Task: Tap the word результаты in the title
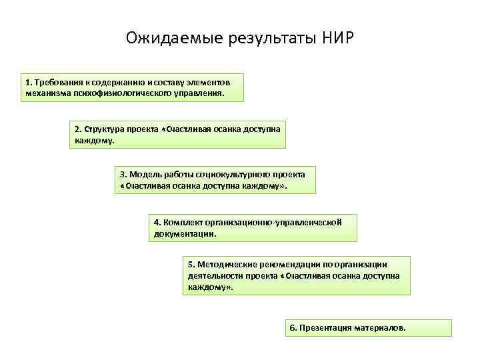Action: pos(261,37)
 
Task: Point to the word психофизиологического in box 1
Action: pos(109,94)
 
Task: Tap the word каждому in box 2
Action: pos(94,141)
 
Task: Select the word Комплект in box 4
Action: pos(182,222)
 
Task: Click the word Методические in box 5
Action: pos(227,264)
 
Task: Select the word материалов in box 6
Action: pos(382,328)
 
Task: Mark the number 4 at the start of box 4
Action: pos(156,222)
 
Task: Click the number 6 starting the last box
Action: pos(291,328)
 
